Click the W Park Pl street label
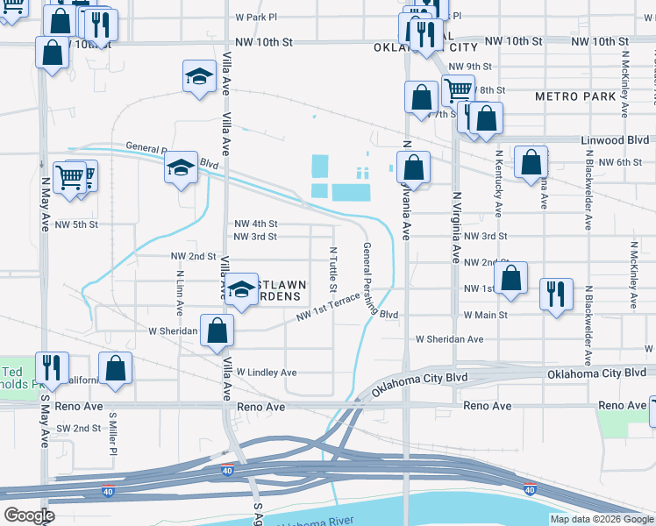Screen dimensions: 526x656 click(x=256, y=17)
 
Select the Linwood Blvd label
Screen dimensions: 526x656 click(x=617, y=139)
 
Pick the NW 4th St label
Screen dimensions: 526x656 click(x=256, y=224)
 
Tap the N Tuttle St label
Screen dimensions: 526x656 click(x=333, y=265)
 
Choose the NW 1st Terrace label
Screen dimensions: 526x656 click(x=327, y=307)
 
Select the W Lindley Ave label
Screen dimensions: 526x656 click(x=266, y=373)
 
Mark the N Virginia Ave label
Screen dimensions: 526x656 click(x=456, y=229)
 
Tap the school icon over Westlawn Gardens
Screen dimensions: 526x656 click(x=239, y=291)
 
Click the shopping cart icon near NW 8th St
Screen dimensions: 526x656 click(x=457, y=89)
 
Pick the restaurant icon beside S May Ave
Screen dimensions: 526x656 click(x=52, y=366)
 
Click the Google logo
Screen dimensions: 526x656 click(x=29, y=515)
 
